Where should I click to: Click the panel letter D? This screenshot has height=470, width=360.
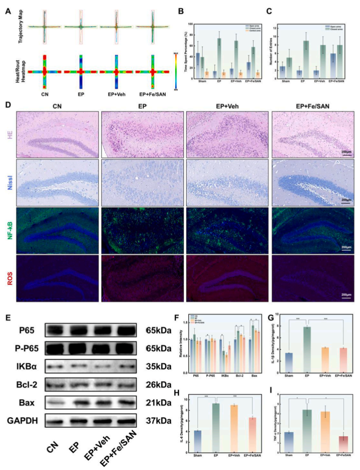tap(8, 105)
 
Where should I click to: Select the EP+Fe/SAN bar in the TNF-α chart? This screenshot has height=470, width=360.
tap(343, 444)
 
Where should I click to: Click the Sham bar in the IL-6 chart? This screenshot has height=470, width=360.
tap(198, 441)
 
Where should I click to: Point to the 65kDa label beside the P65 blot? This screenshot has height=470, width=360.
tap(159, 331)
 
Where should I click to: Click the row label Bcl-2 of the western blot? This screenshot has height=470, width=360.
tap(27, 384)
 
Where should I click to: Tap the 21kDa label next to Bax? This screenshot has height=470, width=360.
tap(159, 403)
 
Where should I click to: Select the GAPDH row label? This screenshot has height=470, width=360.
tap(22, 420)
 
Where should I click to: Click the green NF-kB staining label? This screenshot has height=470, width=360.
tap(10, 231)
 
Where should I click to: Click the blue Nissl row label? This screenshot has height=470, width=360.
tap(10, 183)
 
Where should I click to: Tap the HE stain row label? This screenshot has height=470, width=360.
tap(10, 135)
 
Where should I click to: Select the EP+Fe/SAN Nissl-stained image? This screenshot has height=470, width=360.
tap(313, 183)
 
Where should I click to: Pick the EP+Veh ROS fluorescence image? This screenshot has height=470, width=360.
tap(227, 279)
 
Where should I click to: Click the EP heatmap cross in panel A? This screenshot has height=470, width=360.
tap(81, 72)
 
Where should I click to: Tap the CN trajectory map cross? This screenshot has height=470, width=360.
tap(45, 27)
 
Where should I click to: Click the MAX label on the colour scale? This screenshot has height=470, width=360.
tap(176, 54)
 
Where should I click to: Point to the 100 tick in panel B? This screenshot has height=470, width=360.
tap(190, 24)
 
